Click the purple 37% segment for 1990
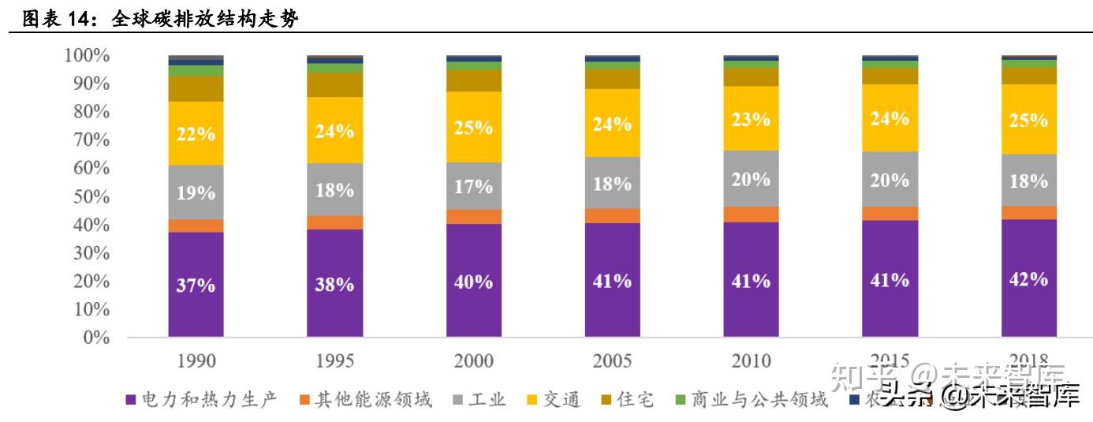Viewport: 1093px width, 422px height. (196, 284)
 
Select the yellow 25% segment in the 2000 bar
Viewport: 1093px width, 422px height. (473, 127)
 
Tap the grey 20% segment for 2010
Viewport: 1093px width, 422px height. (751, 179)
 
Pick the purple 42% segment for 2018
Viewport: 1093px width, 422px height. (1028, 278)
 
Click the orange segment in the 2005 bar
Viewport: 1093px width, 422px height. (612, 215)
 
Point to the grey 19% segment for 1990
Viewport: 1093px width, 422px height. (196, 192)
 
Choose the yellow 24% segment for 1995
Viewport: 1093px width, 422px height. (334, 130)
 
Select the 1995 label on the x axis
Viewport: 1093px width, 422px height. (334, 361)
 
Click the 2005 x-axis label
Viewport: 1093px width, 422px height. (612, 361)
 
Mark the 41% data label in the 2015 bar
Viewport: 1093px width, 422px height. (890, 280)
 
